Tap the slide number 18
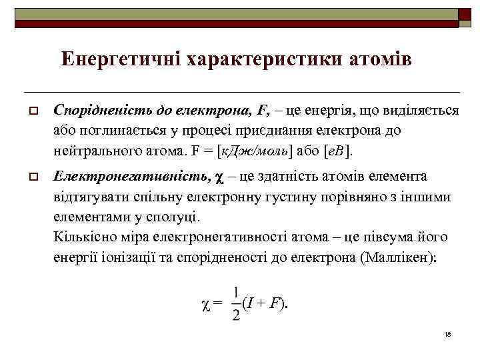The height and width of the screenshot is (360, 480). [447, 333]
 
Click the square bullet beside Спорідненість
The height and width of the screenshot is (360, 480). [31, 109]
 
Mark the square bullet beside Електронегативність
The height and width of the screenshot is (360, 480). [31, 177]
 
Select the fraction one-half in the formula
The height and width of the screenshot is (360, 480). [236, 303]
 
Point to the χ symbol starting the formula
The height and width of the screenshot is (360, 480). [205, 305]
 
